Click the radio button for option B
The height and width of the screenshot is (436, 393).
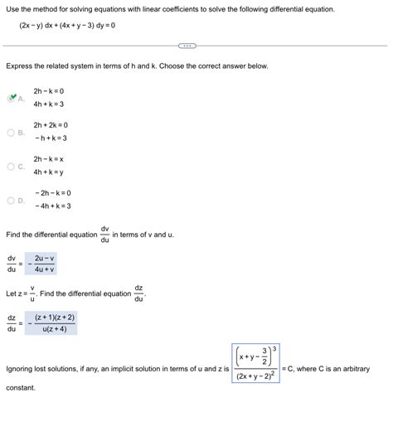pyautogui.click(x=11, y=132)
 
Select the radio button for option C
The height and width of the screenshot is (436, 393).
pyautogui.click(x=11, y=166)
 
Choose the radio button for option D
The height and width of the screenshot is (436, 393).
pyautogui.click(x=11, y=200)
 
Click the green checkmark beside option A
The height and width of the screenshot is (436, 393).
pyautogui.click(x=12, y=98)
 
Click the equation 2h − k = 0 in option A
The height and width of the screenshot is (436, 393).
pyautogui.click(x=49, y=90)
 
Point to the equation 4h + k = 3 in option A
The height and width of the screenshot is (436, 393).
pyautogui.click(x=50, y=104)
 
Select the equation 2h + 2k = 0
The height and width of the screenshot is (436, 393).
pyautogui.click(x=51, y=124)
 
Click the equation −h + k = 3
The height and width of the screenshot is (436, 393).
pyautogui.click(x=51, y=138)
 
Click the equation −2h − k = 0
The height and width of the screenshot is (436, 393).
pyautogui.click(x=53, y=192)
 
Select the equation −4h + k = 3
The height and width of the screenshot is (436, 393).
pyautogui.click(x=53, y=206)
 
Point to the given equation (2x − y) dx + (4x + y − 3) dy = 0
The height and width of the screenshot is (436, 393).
pyautogui.click(x=67, y=27)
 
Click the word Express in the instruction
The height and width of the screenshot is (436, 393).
pyautogui.click(x=20, y=65)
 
